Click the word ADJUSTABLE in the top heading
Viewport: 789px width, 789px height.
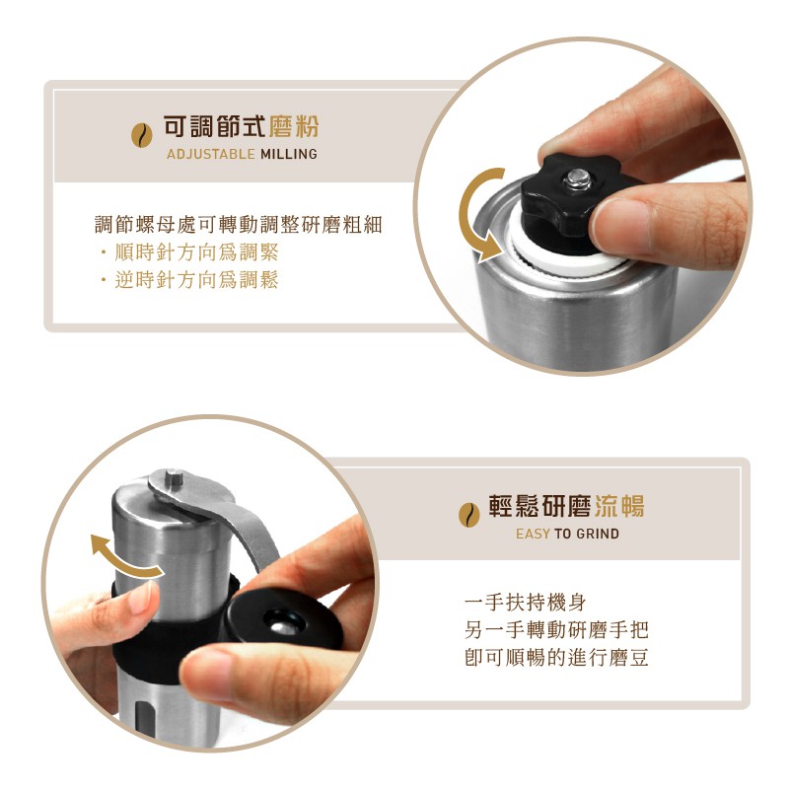point(211,154)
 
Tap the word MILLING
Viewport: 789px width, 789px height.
point(289,154)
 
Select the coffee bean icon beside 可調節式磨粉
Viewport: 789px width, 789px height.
point(142,135)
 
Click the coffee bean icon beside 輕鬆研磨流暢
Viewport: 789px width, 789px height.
point(469,515)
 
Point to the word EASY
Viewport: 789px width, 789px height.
point(533,534)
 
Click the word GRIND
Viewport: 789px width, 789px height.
point(598,534)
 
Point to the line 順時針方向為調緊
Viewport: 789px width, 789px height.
point(196,251)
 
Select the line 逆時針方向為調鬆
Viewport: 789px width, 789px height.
point(196,279)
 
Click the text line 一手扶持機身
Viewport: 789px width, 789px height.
point(526,602)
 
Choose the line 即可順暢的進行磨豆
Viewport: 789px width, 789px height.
point(556,657)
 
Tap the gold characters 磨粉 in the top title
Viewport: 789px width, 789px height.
point(294,126)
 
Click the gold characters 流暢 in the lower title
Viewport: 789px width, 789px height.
point(619,506)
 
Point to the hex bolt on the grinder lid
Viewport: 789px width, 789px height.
point(174,477)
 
